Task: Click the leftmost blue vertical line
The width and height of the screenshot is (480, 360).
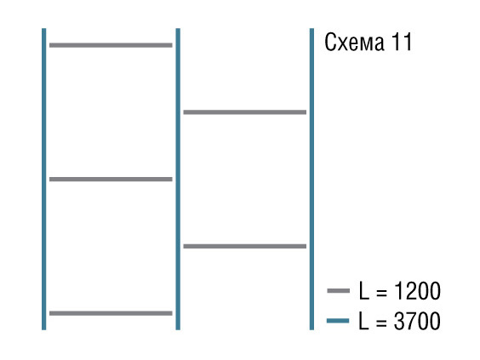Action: tap(43, 179)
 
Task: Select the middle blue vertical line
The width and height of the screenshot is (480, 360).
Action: tap(178, 179)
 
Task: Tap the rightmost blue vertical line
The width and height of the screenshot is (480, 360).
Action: tap(311, 179)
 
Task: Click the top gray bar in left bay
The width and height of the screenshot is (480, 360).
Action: tap(111, 45)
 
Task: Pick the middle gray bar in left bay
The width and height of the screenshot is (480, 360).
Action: tap(111, 179)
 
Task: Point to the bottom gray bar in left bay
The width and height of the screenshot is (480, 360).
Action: tap(111, 313)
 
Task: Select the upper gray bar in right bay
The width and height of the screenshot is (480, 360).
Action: tap(245, 112)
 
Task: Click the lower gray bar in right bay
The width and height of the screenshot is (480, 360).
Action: tap(245, 246)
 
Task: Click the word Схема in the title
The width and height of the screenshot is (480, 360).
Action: tap(354, 43)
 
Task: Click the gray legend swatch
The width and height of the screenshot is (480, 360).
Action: tap(338, 290)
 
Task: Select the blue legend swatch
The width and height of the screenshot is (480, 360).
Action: tap(338, 321)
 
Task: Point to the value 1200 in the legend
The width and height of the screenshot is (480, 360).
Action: tap(418, 291)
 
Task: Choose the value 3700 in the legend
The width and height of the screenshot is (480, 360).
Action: tap(417, 321)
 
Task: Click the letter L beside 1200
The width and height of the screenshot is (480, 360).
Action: tap(364, 291)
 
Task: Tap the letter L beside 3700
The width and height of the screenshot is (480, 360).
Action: tap(364, 321)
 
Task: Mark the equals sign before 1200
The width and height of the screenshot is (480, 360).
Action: tap(381, 292)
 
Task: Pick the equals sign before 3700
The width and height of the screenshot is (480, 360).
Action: tap(381, 323)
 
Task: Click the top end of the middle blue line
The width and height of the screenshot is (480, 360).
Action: tap(178, 28)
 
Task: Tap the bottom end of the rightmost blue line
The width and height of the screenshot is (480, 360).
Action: tap(311, 329)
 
